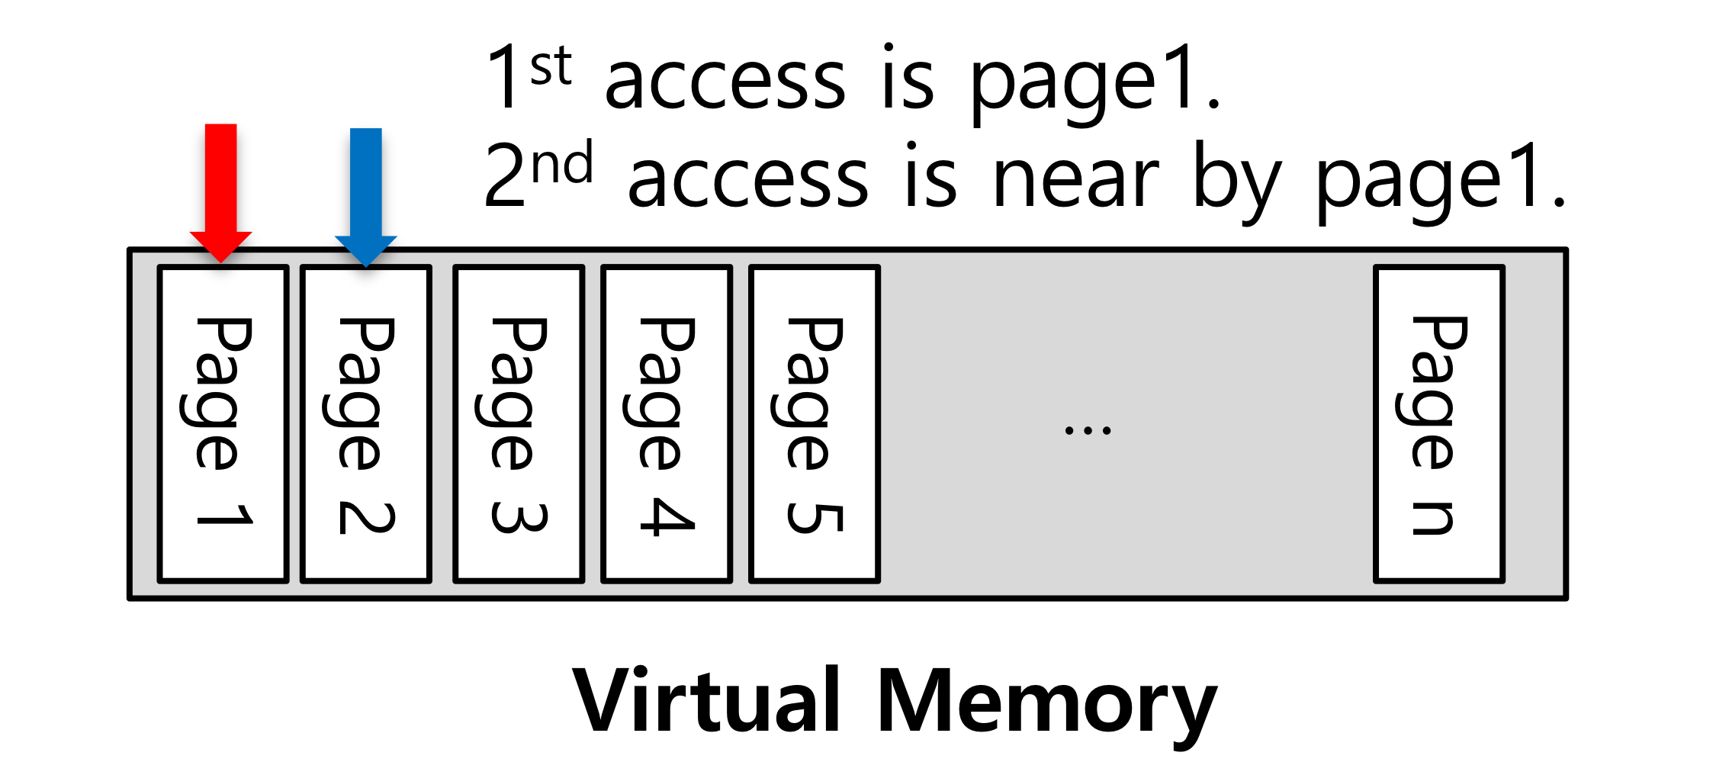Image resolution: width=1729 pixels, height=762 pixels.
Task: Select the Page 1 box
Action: tap(223, 423)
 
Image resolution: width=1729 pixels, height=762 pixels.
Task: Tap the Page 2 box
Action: tap(366, 423)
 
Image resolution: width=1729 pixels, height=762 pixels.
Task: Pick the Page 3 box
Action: tap(519, 423)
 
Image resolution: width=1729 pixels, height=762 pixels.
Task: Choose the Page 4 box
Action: tap(667, 423)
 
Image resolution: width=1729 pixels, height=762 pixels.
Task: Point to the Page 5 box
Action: tap(815, 423)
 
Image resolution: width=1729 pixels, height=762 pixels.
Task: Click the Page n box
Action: tap(1438, 423)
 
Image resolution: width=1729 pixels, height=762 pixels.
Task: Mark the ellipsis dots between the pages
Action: tap(1088, 431)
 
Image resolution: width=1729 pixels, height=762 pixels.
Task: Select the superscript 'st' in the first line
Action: tap(551, 66)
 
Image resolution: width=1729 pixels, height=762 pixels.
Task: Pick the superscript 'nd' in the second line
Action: tap(562, 163)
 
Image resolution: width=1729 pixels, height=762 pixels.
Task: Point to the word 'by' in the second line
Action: tap(1236, 183)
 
